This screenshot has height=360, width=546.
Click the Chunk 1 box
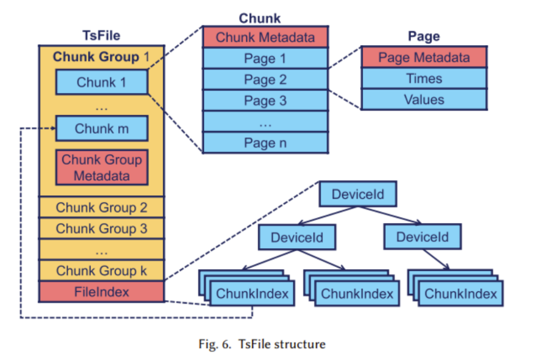(x=102, y=82)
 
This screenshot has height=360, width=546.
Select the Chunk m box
(x=102, y=128)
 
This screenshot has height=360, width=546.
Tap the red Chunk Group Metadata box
(x=102, y=168)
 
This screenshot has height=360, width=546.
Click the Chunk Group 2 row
(x=102, y=207)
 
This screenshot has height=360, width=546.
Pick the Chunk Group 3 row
(x=102, y=229)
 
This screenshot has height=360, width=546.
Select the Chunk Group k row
(x=102, y=271)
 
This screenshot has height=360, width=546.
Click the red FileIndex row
(x=102, y=292)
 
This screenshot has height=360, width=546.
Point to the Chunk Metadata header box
(x=265, y=37)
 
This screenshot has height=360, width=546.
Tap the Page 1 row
(x=265, y=59)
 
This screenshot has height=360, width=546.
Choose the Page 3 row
(x=265, y=101)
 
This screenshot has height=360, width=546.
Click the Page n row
(x=265, y=143)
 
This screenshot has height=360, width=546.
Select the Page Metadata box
(x=424, y=57)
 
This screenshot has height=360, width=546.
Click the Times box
(x=424, y=78)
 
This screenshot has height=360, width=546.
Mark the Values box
(x=424, y=100)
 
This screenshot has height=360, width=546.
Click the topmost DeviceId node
(x=358, y=194)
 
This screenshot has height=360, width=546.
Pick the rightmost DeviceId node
(x=423, y=237)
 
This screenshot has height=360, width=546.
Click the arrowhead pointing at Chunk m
(x=53, y=128)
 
